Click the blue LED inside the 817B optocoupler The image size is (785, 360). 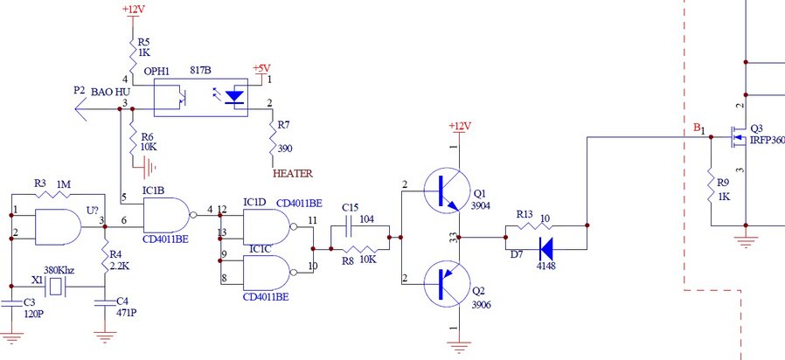pyautogui.click(x=235, y=98)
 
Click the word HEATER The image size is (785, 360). pyautogui.click(x=293, y=173)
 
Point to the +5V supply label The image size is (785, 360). pyautogui.click(x=261, y=68)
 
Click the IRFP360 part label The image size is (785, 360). pyautogui.click(x=768, y=140)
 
